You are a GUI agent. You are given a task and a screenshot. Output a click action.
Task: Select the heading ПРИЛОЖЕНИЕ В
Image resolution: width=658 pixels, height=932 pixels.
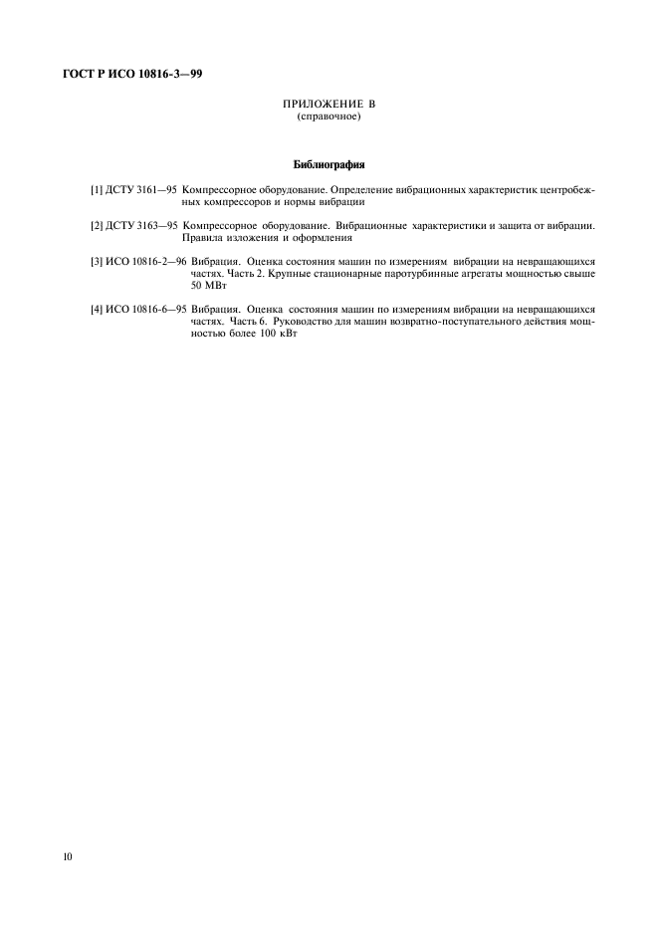(x=329, y=105)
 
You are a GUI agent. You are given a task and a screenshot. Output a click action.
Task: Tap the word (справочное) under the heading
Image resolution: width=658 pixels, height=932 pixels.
(x=329, y=117)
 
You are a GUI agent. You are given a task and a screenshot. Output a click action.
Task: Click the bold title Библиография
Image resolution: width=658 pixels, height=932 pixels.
(x=329, y=163)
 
